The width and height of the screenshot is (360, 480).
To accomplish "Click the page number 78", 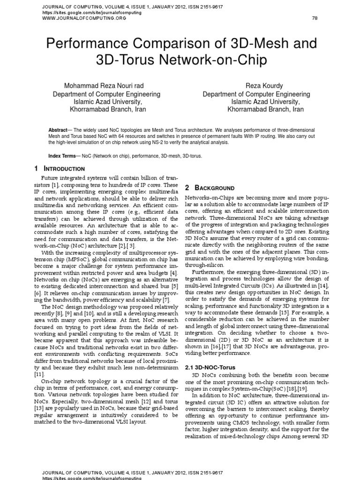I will point(315,18).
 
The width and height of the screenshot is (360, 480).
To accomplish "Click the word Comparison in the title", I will point(163,45).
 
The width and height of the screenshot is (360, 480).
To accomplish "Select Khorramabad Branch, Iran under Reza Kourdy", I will point(265,109).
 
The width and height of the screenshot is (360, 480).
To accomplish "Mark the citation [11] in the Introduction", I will point(39,375).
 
